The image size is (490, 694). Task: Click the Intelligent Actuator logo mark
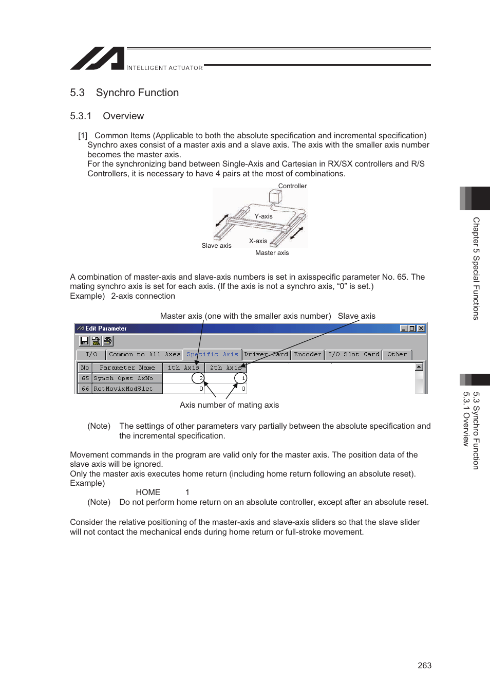point(97,58)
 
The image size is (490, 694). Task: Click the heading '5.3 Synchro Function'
point(124,93)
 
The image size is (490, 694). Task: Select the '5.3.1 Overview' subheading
point(107,116)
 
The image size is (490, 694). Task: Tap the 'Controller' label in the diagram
point(292,186)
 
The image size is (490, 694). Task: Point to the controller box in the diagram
point(275,196)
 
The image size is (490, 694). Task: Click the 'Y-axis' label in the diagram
point(263,216)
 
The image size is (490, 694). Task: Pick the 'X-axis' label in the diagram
point(258,241)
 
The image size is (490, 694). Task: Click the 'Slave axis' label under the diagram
point(216,246)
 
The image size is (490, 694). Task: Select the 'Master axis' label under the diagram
point(272,253)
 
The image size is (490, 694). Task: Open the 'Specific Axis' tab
point(212,354)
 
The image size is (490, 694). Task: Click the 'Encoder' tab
point(307,354)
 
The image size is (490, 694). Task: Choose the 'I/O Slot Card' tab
point(353,354)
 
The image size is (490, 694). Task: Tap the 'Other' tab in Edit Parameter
point(397,354)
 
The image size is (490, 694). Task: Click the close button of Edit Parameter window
point(421,328)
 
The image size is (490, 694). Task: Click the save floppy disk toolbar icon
point(85,341)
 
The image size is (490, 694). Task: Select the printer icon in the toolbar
point(107,341)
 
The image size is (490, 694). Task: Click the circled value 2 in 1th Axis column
point(198,378)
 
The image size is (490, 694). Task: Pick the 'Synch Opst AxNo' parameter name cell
point(123,378)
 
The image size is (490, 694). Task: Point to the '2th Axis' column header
point(225,368)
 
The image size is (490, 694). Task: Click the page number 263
point(424,665)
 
